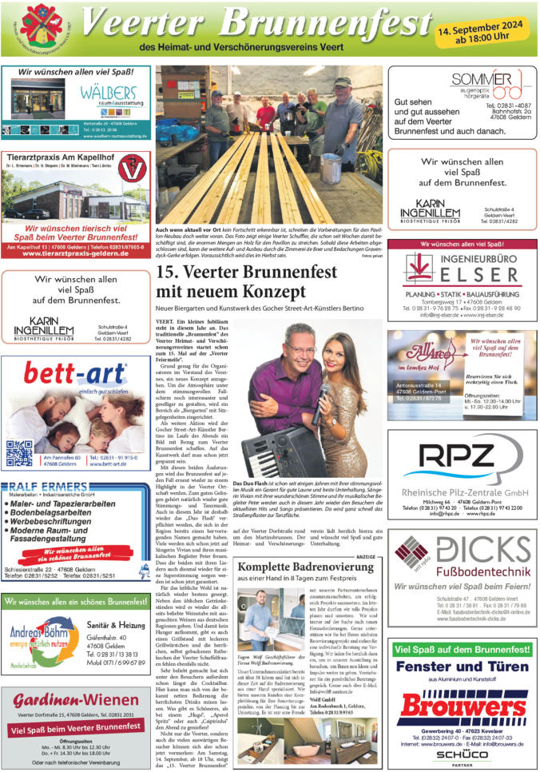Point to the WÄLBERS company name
coord(109,93)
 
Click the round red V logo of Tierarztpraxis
coord(131,169)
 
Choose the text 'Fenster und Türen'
coord(463,666)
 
